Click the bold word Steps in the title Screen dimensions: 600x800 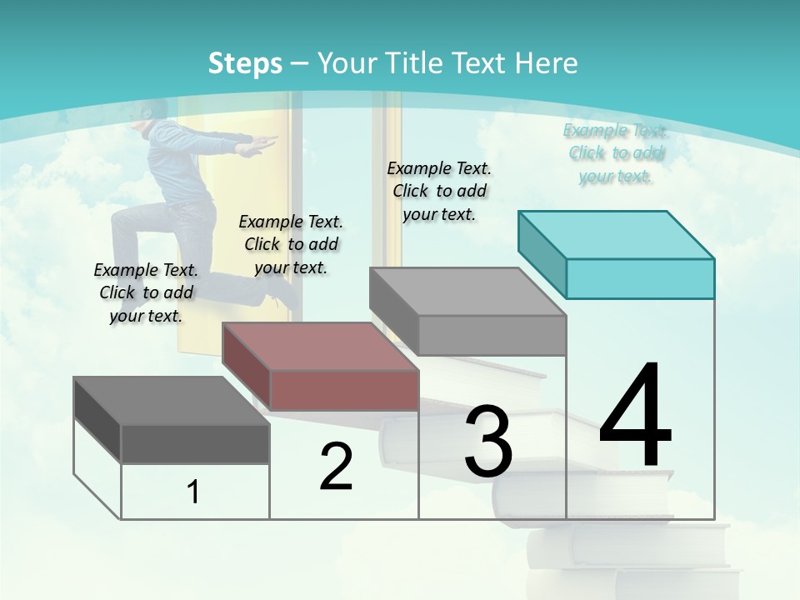pos(245,63)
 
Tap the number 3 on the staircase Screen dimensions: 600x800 pos(488,442)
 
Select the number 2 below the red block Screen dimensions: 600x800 pos(337,467)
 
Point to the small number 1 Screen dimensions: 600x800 pos(193,492)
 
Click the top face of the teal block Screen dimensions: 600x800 pos(617,235)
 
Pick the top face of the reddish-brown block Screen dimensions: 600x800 pos(321,347)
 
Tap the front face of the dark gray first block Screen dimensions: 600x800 pos(195,443)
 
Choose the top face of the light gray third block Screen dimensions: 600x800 pos(468,292)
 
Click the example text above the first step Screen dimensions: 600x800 pos(146,292)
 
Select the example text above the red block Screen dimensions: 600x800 pos(291,244)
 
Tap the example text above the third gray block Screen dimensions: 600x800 pos(439,191)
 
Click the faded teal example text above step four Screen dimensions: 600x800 pos(615,153)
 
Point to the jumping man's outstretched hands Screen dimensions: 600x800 pos(260,144)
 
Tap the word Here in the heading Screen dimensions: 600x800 pos(547,63)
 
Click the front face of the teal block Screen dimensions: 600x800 pos(640,278)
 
